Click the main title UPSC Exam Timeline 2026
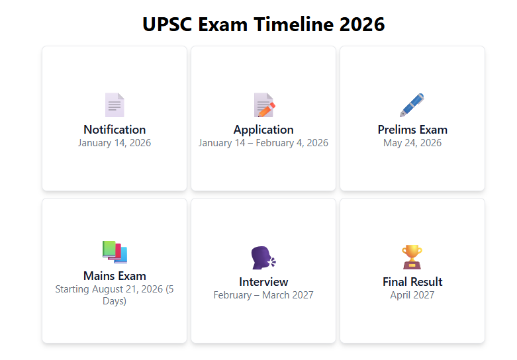[x=263, y=24]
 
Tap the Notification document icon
[x=115, y=105]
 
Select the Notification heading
[x=115, y=130]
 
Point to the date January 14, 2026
[x=115, y=143]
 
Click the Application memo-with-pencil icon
[x=264, y=105]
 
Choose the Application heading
[x=263, y=130]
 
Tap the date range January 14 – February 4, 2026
[x=263, y=143]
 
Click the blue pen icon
[x=412, y=105]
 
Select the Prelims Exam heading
[x=412, y=130]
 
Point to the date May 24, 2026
[x=412, y=143]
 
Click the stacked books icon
[x=115, y=252]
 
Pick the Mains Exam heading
[x=115, y=275]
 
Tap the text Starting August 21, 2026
[x=109, y=289]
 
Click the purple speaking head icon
[x=263, y=258]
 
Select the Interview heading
[x=263, y=282]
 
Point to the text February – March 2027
[x=263, y=295]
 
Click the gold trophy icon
[x=412, y=257]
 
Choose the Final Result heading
[x=412, y=282]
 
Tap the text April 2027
[x=412, y=295]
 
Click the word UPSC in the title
[x=167, y=24]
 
